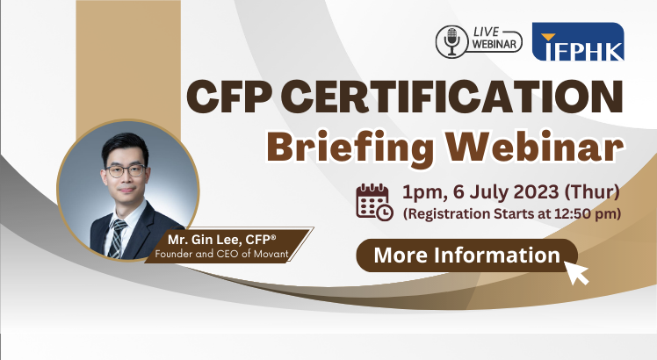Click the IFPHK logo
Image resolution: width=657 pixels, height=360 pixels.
point(578,41)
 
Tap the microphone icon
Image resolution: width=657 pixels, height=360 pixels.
point(451,41)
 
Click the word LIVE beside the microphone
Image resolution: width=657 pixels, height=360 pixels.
point(486,32)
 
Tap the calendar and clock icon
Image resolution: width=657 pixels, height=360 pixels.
point(374,202)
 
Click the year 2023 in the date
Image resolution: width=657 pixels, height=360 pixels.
point(536,192)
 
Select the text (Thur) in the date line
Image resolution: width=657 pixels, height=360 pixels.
point(592,192)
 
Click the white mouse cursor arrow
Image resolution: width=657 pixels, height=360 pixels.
point(576,272)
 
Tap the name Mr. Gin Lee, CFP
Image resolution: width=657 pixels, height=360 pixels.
point(221,240)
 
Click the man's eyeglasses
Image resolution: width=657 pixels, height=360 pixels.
point(126,170)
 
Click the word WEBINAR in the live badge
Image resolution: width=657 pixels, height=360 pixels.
point(494,44)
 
